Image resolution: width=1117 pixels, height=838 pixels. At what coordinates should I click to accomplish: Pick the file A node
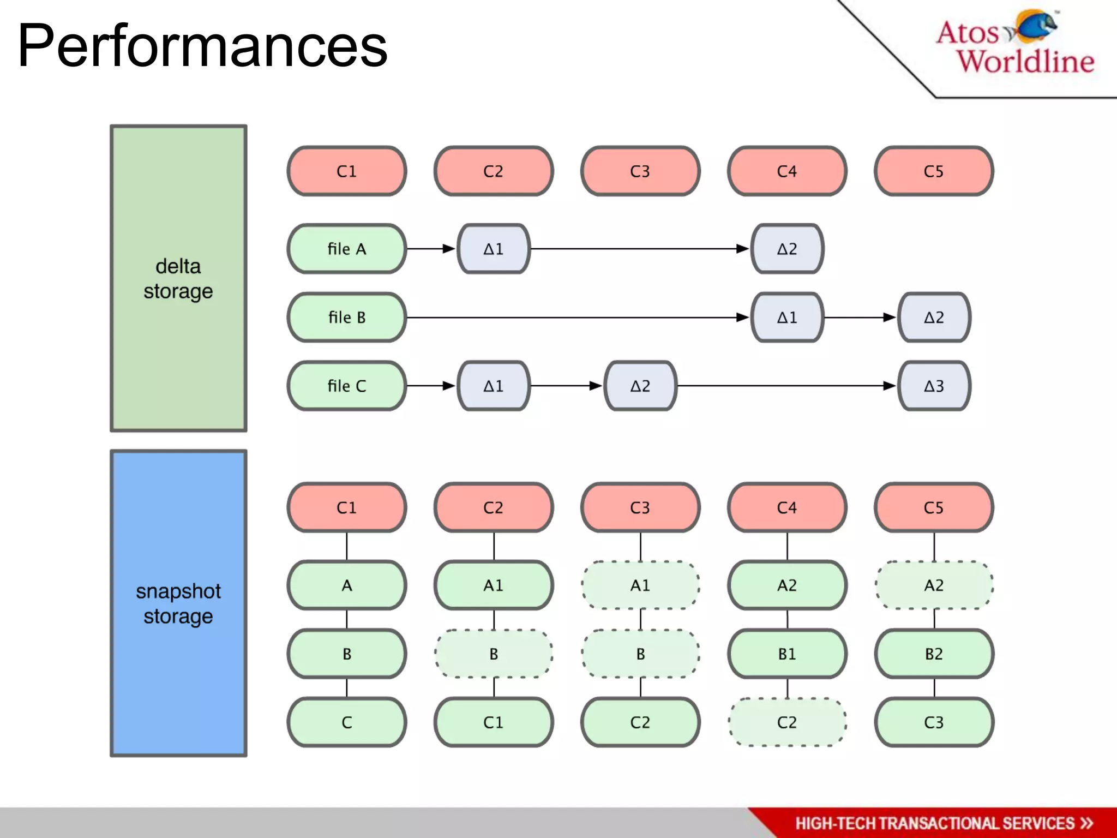click(x=347, y=249)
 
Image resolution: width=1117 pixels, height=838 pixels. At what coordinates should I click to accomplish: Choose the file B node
click(x=347, y=317)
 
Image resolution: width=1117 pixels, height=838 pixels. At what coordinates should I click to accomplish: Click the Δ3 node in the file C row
click(x=934, y=386)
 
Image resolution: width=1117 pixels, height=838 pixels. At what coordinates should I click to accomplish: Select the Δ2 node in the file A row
click(x=787, y=249)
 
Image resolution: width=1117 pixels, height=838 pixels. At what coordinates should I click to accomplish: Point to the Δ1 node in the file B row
click(x=787, y=317)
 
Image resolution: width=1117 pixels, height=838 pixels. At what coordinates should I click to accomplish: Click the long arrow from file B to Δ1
click(x=578, y=317)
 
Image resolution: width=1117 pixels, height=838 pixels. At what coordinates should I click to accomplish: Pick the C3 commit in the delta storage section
click(x=640, y=171)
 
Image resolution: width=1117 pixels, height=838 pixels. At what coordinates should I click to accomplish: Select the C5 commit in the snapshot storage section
click(x=934, y=507)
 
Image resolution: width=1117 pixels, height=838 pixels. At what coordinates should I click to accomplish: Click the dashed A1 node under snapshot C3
click(x=640, y=585)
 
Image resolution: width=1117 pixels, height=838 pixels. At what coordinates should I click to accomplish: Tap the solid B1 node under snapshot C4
click(x=787, y=654)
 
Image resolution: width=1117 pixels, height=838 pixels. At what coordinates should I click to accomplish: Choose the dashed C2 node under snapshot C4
click(x=787, y=722)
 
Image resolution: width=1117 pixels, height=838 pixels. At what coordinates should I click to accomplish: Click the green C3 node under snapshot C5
click(x=934, y=722)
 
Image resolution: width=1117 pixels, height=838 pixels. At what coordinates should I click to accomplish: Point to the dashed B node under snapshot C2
click(x=494, y=654)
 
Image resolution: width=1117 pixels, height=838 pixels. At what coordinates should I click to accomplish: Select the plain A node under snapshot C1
click(x=347, y=585)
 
